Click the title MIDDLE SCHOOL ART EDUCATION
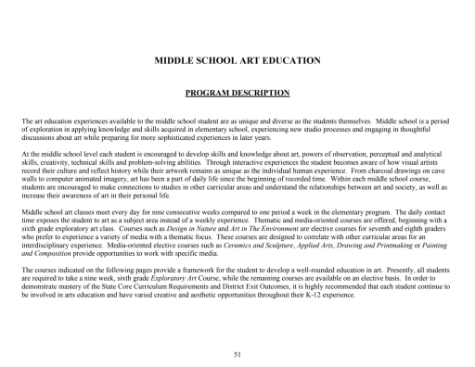tap(237, 60)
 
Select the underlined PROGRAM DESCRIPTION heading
tap(237, 94)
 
